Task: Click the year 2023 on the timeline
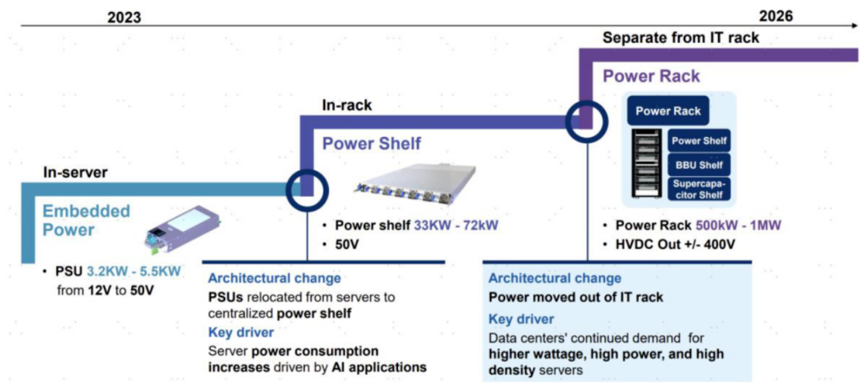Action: [x=124, y=17]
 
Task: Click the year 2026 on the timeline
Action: [x=776, y=15]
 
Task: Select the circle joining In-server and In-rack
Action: [x=307, y=189]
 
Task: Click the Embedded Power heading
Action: [x=86, y=220]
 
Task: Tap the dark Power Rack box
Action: [x=667, y=111]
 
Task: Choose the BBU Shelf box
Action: [x=699, y=165]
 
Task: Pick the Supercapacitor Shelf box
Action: [x=699, y=189]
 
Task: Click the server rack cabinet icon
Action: [x=647, y=163]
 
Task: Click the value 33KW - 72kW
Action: [x=455, y=226]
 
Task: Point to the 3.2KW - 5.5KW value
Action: [x=134, y=272]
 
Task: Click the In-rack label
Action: [x=346, y=105]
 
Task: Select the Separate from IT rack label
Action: [x=681, y=38]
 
